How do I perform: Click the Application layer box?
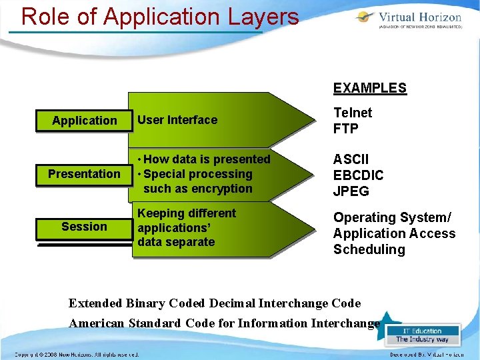pyautogui.click(x=84, y=121)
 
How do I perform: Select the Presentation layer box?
pyautogui.click(x=84, y=174)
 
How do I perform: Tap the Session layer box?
pyautogui.click(x=84, y=227)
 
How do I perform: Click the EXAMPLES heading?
pyautogui.click(x=370, y=88)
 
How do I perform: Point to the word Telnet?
pyautogui.click(x=353, y=113)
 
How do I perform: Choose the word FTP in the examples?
pyautogui.click(x=345, y=129)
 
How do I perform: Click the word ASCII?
pyautogui.click(x=351, y=160)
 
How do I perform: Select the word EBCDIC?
pyautogui.click(x=359, y=176)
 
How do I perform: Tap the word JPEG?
pyautogui.click(x=351, y=192)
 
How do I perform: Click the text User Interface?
pyautogui.click(x=177, y=120)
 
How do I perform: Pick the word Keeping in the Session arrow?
pyautogui.click(x=160, y=213)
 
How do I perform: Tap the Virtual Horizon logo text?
pyautogui.click(x=420, y=17)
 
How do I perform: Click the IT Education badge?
pyautogui.click(x=423, y=335)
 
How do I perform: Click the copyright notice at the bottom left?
pyautogui.click(x=77, y=355)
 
